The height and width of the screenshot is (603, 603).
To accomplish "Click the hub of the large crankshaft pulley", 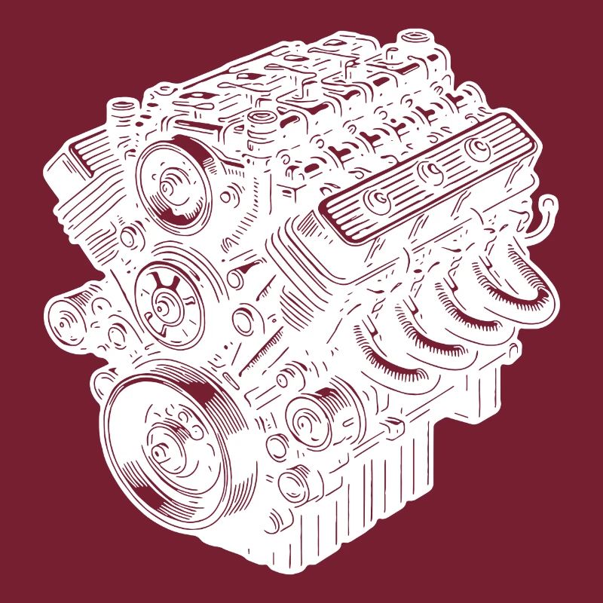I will [162, 451].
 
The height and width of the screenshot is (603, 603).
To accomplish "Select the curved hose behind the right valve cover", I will [544, 219].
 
